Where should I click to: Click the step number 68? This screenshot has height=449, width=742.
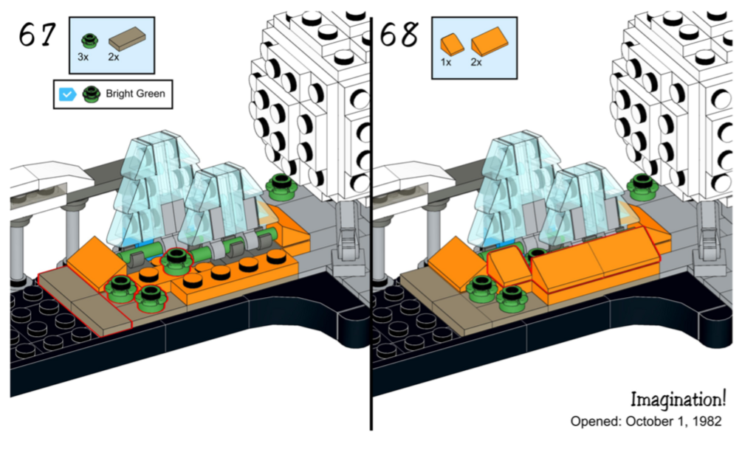399,34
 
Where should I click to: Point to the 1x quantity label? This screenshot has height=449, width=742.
446,62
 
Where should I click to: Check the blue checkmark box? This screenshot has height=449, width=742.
68,94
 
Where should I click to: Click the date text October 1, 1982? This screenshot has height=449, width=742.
673,421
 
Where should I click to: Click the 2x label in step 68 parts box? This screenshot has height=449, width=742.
476,62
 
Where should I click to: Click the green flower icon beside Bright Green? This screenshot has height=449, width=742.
91,94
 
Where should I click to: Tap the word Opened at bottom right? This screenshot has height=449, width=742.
595,421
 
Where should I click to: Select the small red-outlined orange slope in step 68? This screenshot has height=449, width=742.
509,265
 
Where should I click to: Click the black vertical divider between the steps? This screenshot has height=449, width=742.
371,221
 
